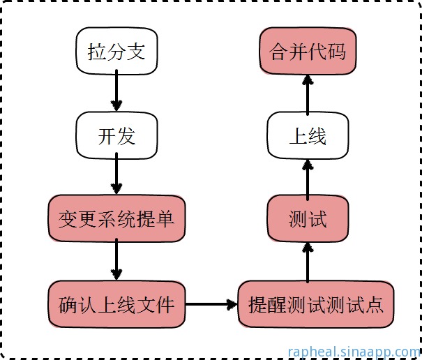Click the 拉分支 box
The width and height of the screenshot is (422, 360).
tap(116, 52)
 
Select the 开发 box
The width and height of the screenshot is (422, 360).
tap(116, 136)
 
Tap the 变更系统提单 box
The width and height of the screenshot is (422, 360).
tap(116, 220)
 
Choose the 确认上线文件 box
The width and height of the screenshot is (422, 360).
tap(116, 304)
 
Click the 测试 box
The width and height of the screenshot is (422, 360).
tap(307, 220)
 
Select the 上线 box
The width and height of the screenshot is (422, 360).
tap(307, 136)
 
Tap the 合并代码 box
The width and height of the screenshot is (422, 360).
tap(307, 52)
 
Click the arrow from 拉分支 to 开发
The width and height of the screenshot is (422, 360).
tap(116, 94)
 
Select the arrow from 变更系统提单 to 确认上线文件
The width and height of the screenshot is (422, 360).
tap(116, 262)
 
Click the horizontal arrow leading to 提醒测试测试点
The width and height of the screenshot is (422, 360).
tap(211, 304)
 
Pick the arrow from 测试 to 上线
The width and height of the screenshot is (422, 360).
tap(307, 178)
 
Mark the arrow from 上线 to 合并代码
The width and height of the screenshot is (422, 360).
tap(307, 94)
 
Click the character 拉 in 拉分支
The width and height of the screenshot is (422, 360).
tap(97, 52)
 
